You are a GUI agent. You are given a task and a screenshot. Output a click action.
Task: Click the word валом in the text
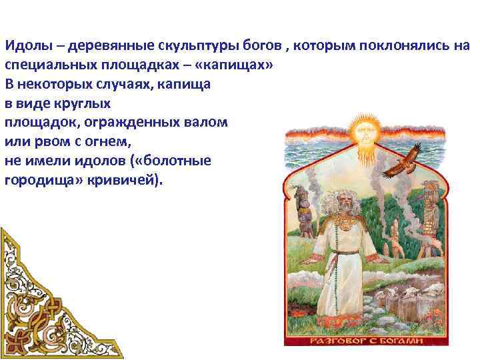pyautogui.click(x=207, y=123)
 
